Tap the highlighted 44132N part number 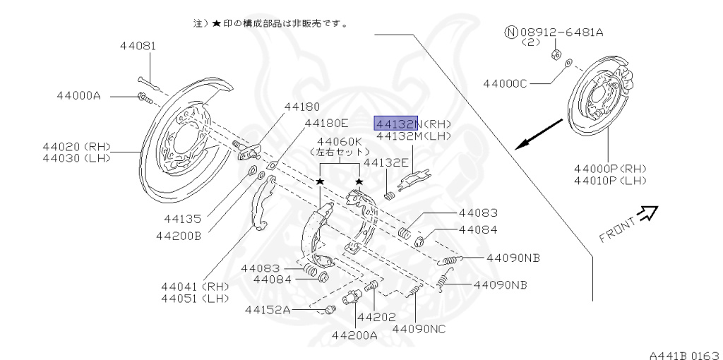coord(396,123)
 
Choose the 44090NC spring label coord(419,328)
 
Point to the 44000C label coord(505,83)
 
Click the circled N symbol coord(510,32)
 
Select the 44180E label coord(326,123)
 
